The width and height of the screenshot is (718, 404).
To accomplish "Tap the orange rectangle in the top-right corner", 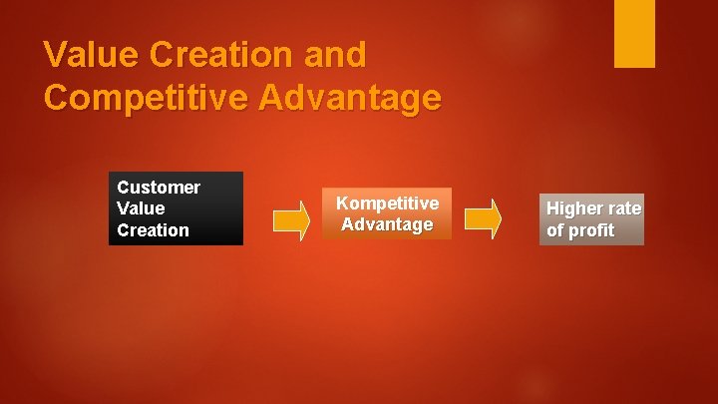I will click(634, 33).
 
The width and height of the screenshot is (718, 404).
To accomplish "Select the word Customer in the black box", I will click(159, 188).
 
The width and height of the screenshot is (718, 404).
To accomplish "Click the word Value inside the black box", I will click(141, 208).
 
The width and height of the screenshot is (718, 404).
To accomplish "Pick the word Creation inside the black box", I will click(153, 230).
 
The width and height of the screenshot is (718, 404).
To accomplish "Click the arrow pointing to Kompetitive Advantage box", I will click(292, 220).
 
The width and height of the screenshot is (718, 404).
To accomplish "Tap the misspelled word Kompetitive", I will click(387, 202).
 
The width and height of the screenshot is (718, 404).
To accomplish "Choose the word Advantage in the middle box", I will click(387, 224).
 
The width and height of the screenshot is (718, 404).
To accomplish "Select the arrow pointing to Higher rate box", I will click(484, 220).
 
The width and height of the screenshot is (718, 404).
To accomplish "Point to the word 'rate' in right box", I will click(624, 208).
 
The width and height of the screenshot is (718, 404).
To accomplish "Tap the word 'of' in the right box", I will click(555, 231).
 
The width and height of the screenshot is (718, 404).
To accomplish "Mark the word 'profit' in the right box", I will click(592, 231).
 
